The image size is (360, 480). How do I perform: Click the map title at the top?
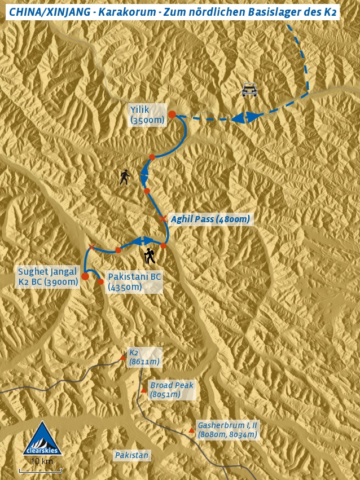172,12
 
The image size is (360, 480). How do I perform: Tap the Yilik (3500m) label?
147,115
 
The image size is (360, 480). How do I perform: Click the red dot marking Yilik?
172,115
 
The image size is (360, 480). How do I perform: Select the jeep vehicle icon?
249,89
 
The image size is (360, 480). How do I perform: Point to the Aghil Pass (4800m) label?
210,219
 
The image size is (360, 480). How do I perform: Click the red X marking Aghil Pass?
163,218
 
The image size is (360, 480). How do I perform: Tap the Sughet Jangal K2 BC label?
47,276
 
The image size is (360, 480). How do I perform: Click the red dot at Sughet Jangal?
85,276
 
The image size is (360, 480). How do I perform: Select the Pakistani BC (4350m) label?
134,282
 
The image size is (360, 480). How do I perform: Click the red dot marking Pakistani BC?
100,281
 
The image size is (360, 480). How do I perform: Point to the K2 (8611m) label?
144,357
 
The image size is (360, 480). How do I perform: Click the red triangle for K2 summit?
123,358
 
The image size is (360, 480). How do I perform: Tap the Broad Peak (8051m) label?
171,390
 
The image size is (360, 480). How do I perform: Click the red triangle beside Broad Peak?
144,390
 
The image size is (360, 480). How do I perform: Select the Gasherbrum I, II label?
227,429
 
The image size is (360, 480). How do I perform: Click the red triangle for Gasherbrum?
191,430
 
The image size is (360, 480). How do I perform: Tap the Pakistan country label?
131,455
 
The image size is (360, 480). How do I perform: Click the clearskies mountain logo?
42,439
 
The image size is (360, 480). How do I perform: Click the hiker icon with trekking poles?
149,256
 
